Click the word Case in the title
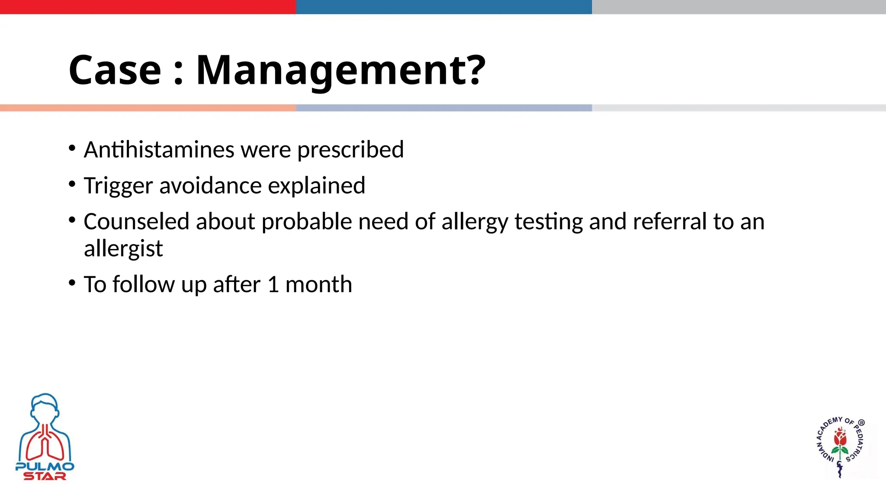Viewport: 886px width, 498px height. coord(115,70)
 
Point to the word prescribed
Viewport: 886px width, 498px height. coord(350,150)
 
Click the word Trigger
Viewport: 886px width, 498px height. coord(118,186)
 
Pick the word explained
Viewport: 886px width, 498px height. coord(316,186)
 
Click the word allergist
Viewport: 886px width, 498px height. coord(123,249)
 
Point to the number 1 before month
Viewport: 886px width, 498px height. coord(273,285)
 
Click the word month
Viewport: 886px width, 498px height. coord(319,285)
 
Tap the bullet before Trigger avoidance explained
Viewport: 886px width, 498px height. coord(72,184)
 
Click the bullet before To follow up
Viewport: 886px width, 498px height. coord(72,283)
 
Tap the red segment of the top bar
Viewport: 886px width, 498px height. coord(148,7)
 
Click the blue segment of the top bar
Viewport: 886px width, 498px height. coord(444,7)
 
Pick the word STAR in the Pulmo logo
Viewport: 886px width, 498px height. coord(45,476)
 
